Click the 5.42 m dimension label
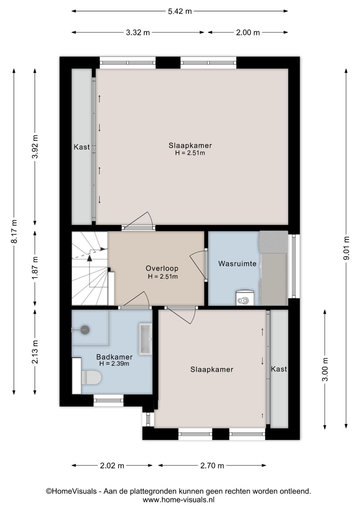click(x=180, y=11)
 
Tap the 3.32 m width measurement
click(x=138, y=32)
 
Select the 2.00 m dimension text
click(x=248, y=32)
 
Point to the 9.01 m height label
click(x=346, y=248)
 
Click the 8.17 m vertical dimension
click(x=14, y=231)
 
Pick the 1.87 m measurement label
click(x=35, y=269)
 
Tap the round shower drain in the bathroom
click(x=85, y=330)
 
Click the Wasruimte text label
click(x=237, y=264)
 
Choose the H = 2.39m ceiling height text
click(x=114, y=364)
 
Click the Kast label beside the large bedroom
click(x=82, y=147)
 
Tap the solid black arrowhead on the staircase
click(x=90, y=258)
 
